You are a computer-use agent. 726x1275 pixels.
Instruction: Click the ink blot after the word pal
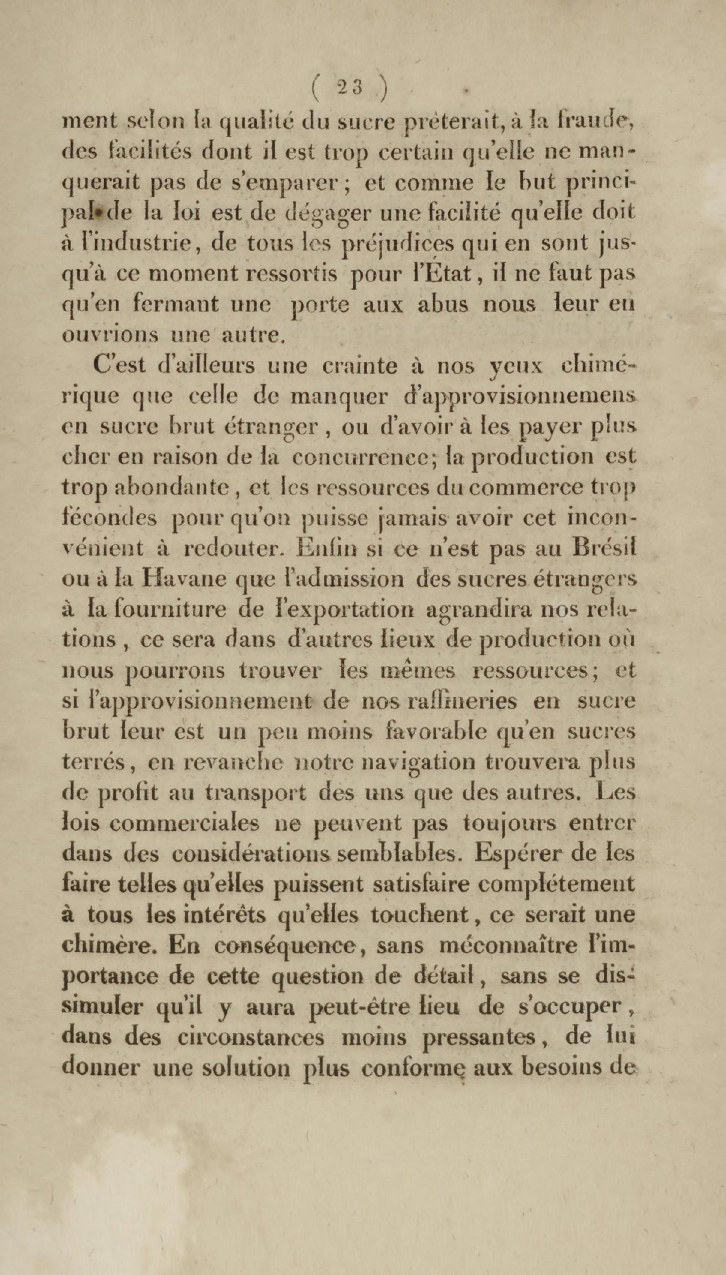[x=99, y=212]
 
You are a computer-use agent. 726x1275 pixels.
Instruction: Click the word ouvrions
[x=110, y=335]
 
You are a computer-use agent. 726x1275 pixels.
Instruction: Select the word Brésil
[x=605, y=548]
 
